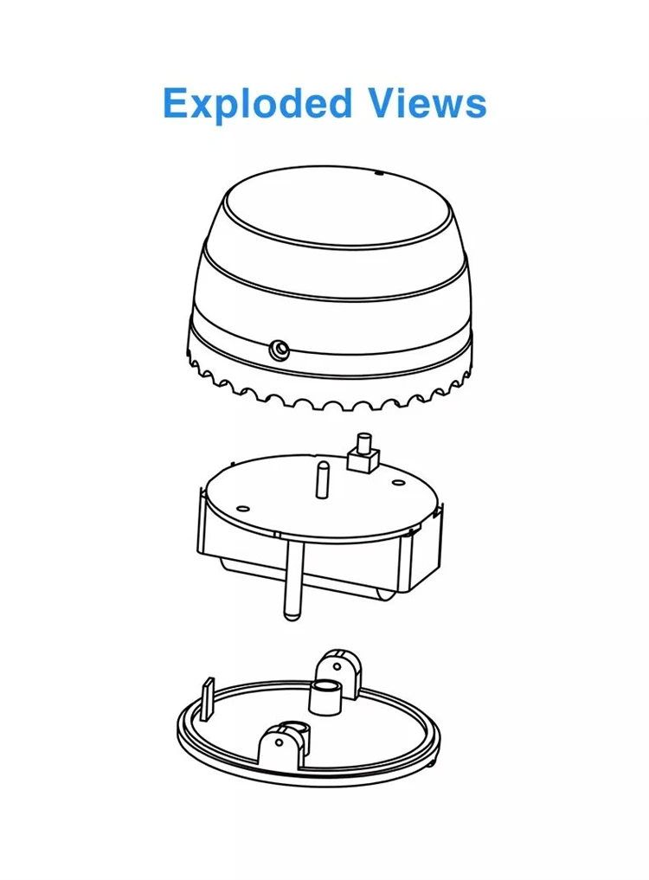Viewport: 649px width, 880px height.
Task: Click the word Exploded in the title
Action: (x=257, y=104)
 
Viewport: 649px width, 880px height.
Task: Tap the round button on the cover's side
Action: (x=279, y=350)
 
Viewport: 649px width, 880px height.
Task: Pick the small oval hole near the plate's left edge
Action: (x=242, y=508)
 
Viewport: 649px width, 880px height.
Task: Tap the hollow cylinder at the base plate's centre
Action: (x=324, y=696)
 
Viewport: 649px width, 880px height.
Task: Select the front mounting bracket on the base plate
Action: (x=281, y=744)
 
